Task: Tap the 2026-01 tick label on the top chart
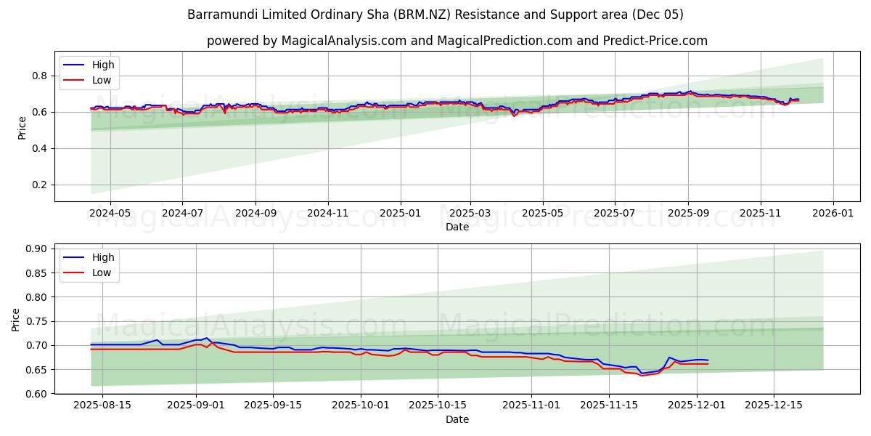point(833,214)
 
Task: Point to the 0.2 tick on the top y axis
point(39,185)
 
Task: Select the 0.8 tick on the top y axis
point(39,76)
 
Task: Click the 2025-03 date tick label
point(470,214)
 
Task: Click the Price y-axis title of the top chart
point(21,128)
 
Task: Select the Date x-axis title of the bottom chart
point(457,419)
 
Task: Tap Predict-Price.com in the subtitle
point(655,41)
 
